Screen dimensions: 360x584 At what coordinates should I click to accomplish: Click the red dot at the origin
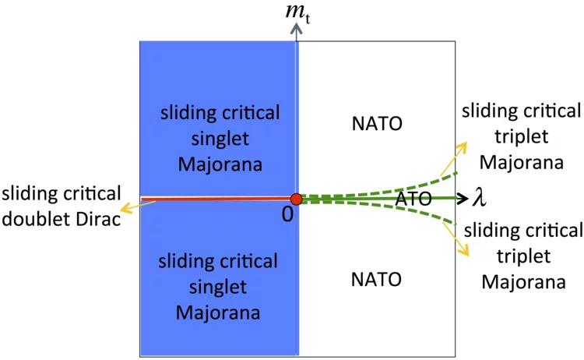point(296,199)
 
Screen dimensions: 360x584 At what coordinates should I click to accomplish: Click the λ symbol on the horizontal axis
point(480,199)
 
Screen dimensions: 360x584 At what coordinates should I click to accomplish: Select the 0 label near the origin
point(287,216)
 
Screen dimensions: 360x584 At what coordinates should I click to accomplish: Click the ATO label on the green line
point(413,199)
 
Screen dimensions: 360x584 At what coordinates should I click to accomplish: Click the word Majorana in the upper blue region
point(220,165)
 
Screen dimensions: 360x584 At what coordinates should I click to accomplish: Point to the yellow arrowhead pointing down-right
point(464,252)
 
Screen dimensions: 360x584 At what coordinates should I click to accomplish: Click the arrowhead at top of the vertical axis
point(296,29)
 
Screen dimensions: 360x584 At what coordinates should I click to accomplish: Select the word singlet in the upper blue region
point(220,139)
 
